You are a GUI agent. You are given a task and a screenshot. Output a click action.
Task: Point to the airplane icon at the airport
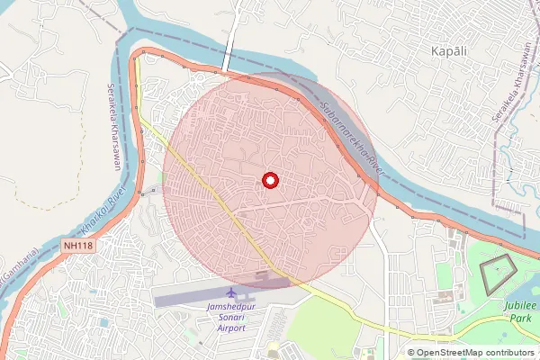231,294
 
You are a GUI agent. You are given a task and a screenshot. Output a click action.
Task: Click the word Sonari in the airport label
231,318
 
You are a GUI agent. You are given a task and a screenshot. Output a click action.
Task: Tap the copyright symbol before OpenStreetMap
410,353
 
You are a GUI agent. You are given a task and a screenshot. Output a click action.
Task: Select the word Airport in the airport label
231,329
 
